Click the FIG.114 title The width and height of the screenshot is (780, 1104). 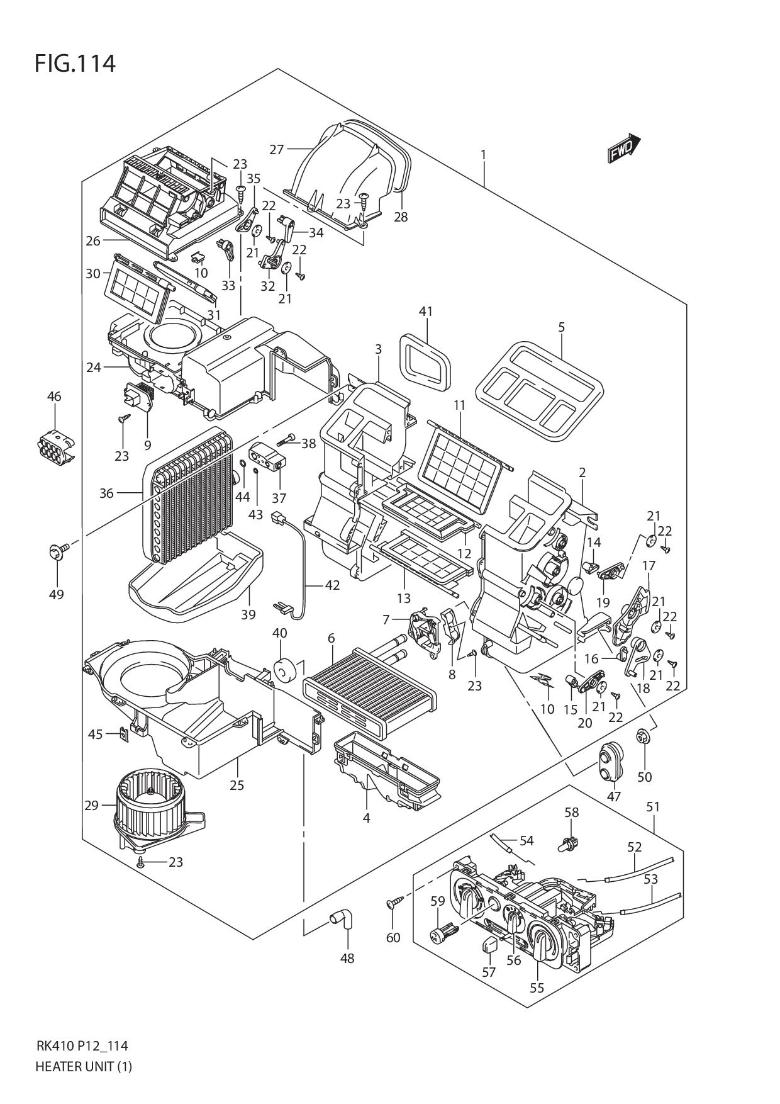(x=75, y=64)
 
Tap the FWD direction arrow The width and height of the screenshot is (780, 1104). (x=623, y=149)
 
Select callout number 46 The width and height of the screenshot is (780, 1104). (x=54, y=397)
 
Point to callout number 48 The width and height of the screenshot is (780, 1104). (x=347, y=959)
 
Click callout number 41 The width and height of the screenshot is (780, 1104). (x=426, y=311)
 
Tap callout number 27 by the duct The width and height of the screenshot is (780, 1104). (x=277, y=149)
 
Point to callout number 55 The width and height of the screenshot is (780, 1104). (x=536, y=988)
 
